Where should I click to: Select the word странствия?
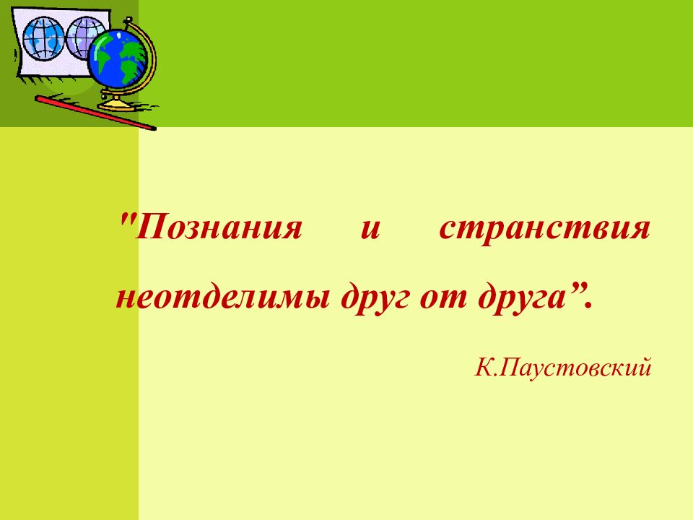[x=544, y=230]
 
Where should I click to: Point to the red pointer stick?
[x=94, y=113]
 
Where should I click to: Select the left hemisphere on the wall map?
[x=43, y=39]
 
